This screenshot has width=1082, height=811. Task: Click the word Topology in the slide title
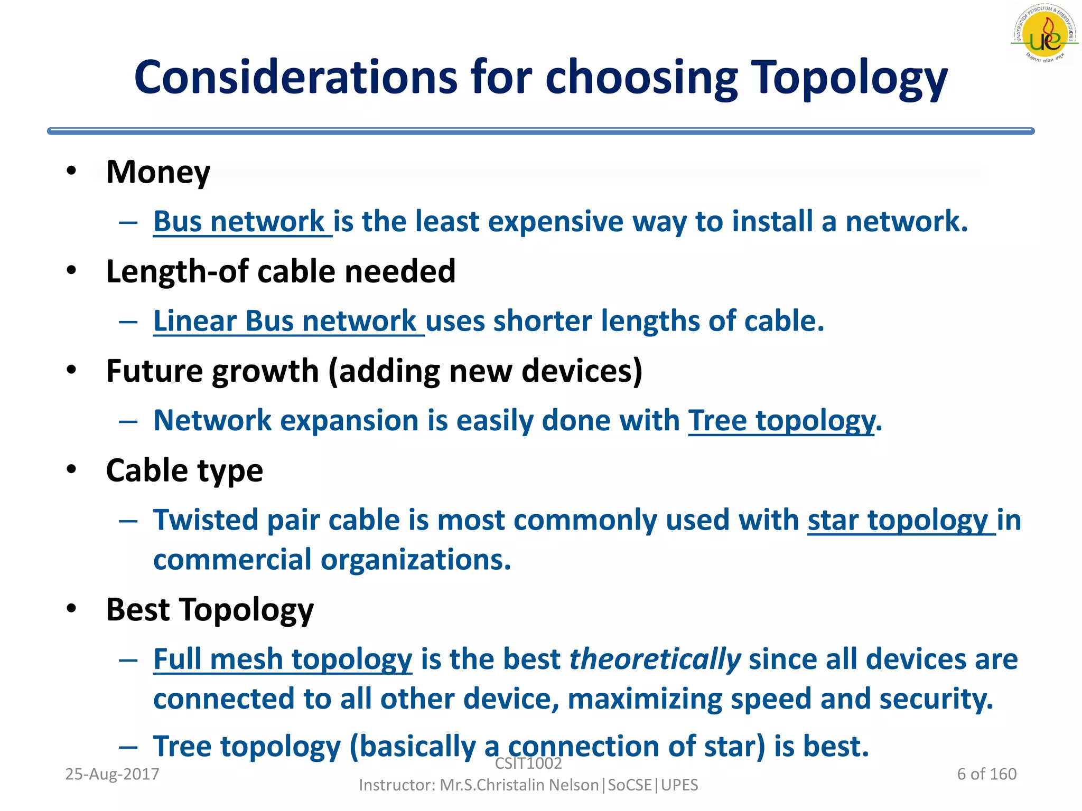tap(849, 78)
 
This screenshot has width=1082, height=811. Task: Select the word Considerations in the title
tap(295, 78)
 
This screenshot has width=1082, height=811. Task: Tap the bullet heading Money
tap(158, 172)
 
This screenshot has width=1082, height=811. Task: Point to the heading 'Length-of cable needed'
tap(281, 271)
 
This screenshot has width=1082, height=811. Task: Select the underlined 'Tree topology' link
tap(781, 421)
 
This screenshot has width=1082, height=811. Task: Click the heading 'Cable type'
tap(184, 470)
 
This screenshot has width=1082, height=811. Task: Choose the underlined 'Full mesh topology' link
tap(283, 659)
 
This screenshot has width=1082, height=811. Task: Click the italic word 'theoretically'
tap(655, 659)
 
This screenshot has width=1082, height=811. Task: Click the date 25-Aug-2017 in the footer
tap(112, 774)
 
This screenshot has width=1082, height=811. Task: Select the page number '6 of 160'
tap(986, 774)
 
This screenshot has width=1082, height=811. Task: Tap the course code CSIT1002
tap(528, 763)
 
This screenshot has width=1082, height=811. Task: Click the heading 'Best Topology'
tap(210, 610)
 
